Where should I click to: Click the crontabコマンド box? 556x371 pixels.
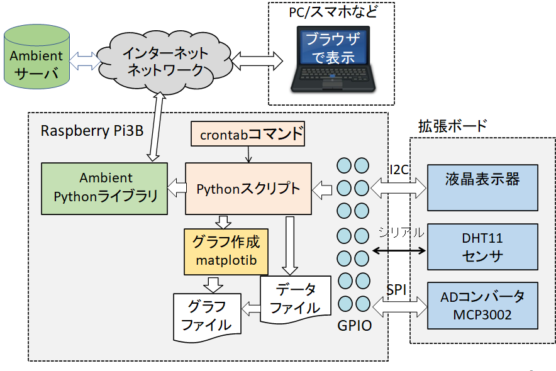pyautogui.click(x=248, y=134)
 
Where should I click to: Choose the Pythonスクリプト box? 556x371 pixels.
pyautogui.click(x=248, y=188)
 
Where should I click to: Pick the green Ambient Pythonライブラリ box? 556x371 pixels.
pyautogui.click(x=105, y=187)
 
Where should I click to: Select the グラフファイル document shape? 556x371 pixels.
pyautogui.click(x=208, y=316)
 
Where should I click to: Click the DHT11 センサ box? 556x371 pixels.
pyautogui.click(x=482, y=247)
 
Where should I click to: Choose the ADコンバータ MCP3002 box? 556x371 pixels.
pyautogui.click(x=482, y=306)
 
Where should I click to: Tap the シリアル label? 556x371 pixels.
pyautogui.click(x=401, y=232)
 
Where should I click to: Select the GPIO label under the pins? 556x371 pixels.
pyautogui.click(x=354, y=326)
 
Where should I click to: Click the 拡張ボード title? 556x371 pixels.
pyautogui.click(x=452, y=126)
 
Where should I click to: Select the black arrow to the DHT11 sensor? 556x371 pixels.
pyautogui.click(x=399, y=250)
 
